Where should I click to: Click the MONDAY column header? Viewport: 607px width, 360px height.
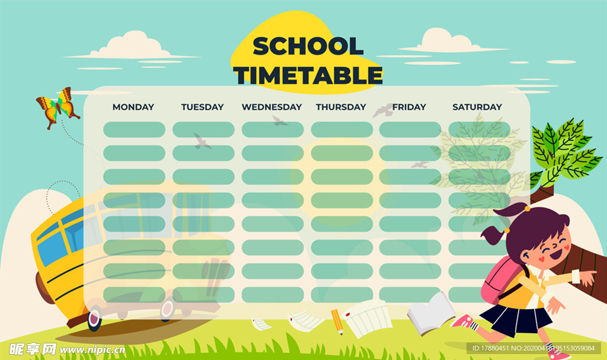coord(133,107)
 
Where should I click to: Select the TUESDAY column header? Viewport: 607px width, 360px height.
coord(203,107)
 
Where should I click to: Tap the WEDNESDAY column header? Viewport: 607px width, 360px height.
coord(271,107)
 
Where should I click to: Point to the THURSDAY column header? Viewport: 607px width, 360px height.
coord(341,107)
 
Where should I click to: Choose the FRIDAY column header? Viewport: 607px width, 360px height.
coord(409,107)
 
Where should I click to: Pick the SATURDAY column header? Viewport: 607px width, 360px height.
coord(477,107)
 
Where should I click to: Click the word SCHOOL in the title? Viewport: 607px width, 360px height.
coord(308,46)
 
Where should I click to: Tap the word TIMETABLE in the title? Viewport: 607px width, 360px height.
coord(308,75)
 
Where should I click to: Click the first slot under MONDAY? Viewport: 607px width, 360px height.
coord(134,129)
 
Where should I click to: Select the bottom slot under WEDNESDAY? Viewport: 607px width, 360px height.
coord(273,295)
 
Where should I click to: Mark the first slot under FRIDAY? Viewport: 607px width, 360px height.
coord(410,129)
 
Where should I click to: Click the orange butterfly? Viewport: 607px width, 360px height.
coord(57,107)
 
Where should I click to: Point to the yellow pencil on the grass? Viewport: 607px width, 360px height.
coord(337,321)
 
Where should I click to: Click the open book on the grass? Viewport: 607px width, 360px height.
coord(431,314)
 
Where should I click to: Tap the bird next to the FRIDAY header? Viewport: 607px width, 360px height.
coord(382,110)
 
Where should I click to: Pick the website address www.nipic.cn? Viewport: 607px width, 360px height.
coord(92,351)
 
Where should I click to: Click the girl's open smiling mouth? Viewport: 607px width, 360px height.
coord(556,254)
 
